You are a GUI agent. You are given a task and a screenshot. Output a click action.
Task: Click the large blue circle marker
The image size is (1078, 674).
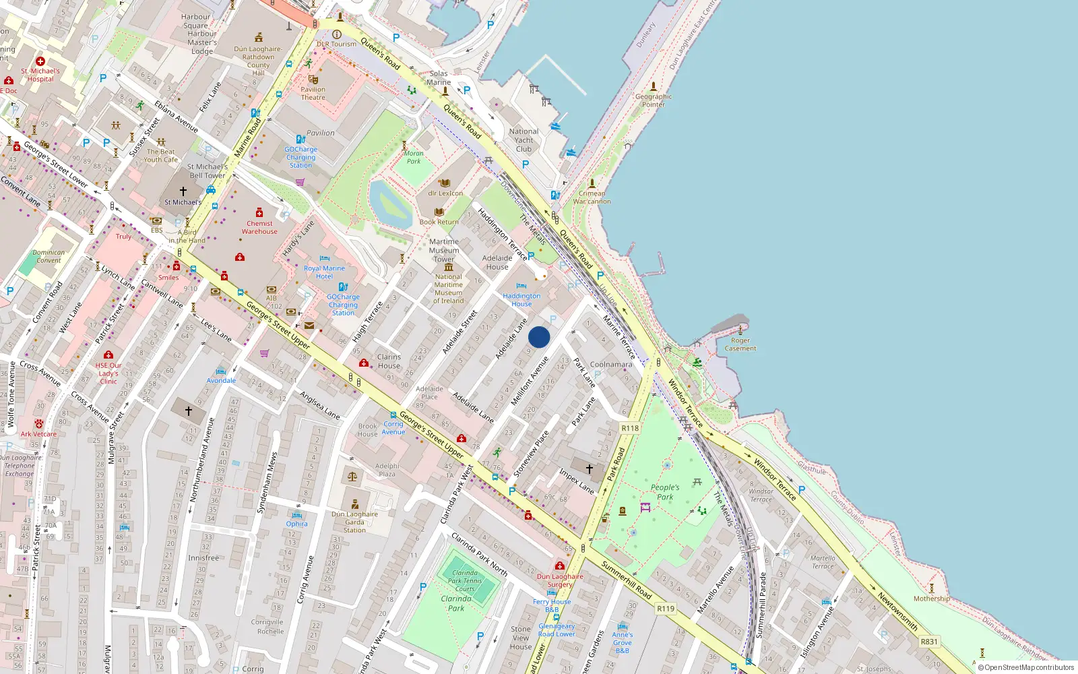coord(539,337)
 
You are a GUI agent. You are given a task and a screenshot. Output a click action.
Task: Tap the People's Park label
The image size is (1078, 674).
coord(665,492)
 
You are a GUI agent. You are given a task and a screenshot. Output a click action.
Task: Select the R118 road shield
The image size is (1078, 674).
coord(630,428)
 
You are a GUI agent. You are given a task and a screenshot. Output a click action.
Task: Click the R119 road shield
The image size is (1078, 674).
coord(666,608)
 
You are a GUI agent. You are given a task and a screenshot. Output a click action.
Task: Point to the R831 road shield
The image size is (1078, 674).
coord(929,642)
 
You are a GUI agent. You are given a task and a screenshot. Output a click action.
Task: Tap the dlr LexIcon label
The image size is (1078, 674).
coord(445,193)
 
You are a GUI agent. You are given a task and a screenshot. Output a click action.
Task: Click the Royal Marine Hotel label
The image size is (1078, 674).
coord(324,272)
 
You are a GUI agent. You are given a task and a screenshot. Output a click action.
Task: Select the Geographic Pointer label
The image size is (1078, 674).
coord(653,100)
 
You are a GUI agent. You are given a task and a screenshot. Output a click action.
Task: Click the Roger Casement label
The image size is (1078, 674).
coord(740,344)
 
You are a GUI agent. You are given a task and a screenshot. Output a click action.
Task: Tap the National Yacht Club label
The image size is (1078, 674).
coord(524,140)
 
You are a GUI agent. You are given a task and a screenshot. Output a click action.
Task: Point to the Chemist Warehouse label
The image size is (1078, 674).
coord(259,227)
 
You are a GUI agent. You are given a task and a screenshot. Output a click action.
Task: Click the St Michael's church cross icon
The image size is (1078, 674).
coord(183,191)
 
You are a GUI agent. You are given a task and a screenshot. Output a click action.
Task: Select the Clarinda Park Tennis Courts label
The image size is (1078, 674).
coord(465,580)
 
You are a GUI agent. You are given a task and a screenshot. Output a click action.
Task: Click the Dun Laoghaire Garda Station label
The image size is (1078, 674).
coord(354,522)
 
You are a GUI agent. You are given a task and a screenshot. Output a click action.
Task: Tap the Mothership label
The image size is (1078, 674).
coord(931,599)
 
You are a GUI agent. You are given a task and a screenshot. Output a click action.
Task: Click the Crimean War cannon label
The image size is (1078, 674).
coord(592,197)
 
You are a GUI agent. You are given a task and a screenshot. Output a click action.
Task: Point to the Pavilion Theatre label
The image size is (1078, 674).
coord(313,93)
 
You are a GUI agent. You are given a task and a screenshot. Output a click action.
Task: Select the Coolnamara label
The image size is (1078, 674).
coord(611,365)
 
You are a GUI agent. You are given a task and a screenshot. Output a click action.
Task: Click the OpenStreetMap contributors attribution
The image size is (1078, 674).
coord(1025,667)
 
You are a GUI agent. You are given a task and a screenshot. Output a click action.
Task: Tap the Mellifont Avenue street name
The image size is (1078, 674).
coord(530,381)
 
